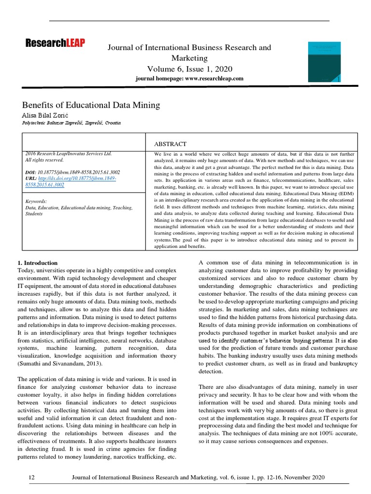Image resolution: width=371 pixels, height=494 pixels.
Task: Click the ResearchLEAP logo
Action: pos(55,44)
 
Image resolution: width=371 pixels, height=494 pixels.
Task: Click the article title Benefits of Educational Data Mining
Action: pos(91,105)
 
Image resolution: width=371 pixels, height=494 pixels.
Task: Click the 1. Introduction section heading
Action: pos(37,263)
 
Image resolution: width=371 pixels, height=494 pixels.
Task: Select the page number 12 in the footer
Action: pos(32,477)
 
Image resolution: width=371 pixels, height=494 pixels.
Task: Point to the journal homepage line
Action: pos(189,78)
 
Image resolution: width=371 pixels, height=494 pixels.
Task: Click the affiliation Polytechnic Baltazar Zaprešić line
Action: pos(71,123)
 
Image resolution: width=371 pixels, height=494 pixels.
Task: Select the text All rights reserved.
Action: pos(44,160)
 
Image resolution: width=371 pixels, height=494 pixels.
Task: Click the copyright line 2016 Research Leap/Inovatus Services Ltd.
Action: pos(68,153)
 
